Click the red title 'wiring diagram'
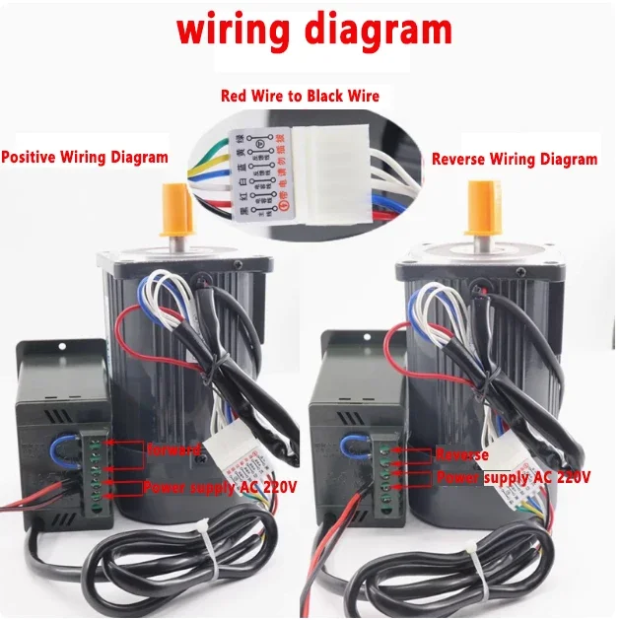313,30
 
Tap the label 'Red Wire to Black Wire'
302,96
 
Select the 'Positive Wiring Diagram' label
85,157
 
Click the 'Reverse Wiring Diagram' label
514,159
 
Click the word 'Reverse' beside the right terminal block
461,455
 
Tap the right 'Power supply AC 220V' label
513,477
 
